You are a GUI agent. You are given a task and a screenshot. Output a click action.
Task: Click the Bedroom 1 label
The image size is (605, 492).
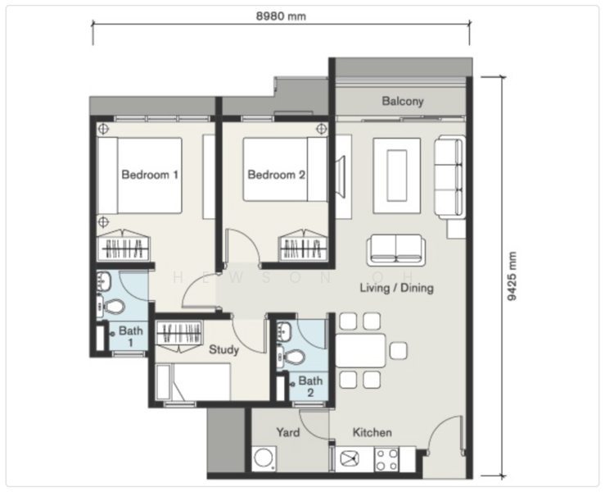[x=150, y=175]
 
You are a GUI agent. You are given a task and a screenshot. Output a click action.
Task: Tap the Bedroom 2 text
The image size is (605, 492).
[x=276, y=175]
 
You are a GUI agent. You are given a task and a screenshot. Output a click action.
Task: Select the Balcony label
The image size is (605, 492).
[x=403, y=102]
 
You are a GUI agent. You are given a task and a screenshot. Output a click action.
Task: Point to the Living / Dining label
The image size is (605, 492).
[x=397, y=289]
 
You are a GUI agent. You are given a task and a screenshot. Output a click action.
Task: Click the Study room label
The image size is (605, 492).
[x=223, y=350]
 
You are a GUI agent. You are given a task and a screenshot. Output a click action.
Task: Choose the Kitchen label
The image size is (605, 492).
[x=372, y=432]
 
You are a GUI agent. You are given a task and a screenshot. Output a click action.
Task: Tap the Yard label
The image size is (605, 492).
[x=287, y=432]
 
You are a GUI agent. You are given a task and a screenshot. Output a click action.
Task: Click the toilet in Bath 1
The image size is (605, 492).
[x=113, y=308]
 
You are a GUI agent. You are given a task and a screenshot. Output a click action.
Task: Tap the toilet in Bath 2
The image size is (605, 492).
[x=293, y=357]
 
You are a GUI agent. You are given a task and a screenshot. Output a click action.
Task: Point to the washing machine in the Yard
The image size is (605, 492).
[x=265, y=459]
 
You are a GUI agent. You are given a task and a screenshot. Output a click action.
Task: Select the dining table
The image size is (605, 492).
[x=360, y=351]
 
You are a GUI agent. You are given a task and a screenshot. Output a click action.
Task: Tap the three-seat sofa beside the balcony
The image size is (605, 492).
[x=448, y=175]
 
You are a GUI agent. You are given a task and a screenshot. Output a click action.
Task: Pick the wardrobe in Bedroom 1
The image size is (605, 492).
[x=125, y=246]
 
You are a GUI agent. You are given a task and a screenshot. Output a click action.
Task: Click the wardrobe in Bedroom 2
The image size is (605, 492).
[x=302, y=246]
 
